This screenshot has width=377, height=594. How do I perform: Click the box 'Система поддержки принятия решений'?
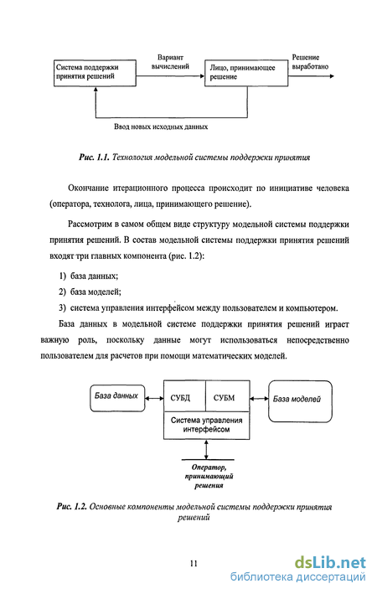[x=95, y=73]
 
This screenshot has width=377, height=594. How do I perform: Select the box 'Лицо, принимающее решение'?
[x=246, y=73]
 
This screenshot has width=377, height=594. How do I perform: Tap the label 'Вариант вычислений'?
[x=170, y=62]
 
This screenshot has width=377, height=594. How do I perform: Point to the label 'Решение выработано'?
[x=310, y=62]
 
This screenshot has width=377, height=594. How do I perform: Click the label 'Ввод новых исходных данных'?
[x=161, y=127]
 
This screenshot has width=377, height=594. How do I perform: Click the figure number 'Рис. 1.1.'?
[x=94, y=158]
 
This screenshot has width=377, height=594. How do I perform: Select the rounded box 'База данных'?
[x=117, y=398]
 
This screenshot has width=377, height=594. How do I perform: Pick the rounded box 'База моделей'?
[x=300, y=401]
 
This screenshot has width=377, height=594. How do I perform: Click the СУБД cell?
[x=184, y=396]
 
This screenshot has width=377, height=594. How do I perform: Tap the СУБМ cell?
[x=227, y=396]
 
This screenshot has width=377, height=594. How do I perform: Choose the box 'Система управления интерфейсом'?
[x=206, y=425]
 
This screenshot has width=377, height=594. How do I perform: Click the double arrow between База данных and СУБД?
[x=155, y=398]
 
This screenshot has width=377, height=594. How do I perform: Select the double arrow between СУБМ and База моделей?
[x=259, y=398]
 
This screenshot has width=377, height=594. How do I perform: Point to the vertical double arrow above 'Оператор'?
[x=206, y=449]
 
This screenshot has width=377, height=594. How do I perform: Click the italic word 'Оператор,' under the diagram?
[x=209, y=467]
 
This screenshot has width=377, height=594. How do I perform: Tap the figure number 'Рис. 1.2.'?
[x=72, y=507]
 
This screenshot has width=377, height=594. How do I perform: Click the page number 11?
[x=194, y=563]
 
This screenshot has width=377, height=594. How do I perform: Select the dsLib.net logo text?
[x=330, y=562]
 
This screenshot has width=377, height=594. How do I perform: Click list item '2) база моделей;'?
[x=90, y=292]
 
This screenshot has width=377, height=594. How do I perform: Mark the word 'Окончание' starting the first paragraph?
[x=88, y=188]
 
